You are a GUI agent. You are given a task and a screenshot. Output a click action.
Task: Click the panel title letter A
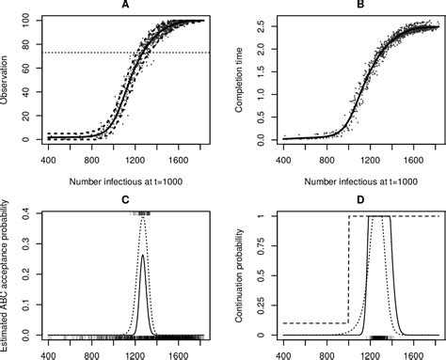point(125,6)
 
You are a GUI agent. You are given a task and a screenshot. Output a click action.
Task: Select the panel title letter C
point(125,198)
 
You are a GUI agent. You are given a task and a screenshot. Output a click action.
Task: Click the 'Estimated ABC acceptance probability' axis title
point(7,273)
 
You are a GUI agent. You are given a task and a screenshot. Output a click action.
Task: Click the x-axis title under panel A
point(125,179)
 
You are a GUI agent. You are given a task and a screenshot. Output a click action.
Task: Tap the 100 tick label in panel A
point(26,20)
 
